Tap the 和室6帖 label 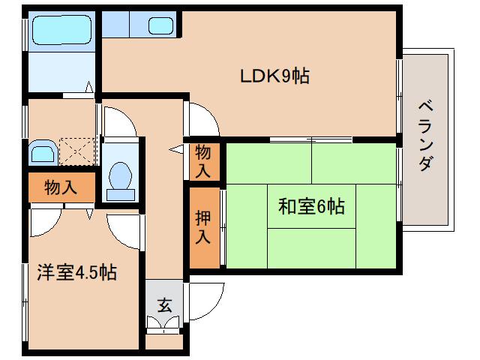[311, 206]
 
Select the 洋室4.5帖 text [76, 272]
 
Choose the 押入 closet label [202, 227]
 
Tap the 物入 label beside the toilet [203, 160]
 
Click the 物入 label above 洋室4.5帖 [61, 187]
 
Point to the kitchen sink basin [160, 25]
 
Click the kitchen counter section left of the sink [115, 25]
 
